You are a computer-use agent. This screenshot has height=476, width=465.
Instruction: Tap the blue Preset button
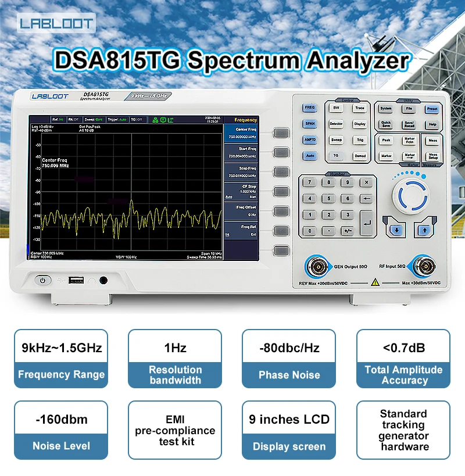pos(432,108)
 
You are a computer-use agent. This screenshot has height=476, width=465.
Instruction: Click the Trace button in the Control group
pos(360,108)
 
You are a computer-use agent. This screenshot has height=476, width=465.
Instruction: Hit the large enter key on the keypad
pos(366,223)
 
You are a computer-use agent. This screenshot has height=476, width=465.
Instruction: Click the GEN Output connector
pos(317,267)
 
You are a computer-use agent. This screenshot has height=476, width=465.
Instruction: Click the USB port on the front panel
pos(76,280)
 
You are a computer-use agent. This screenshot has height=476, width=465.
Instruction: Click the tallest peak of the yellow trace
pos(131,203)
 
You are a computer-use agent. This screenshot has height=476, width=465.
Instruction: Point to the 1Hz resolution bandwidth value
pos(175,348)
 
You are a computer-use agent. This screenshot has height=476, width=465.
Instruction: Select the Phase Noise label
pos(289,375)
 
